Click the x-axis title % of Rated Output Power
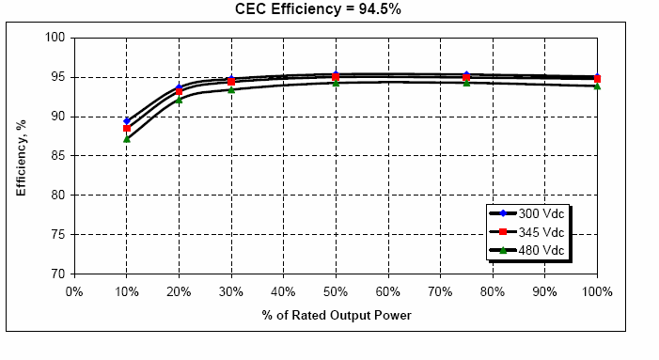coord(336,315)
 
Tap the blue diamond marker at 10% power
coord(127,121)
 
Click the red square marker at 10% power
coord(127,129)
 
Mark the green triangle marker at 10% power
coord(127,138)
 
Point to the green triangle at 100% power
coord(596,86)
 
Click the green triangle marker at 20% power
coord(179,100)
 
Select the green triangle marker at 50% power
coord(336,82)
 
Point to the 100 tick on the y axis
coord(55,38)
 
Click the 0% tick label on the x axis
coord(74,291)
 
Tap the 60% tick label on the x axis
coord(387,291)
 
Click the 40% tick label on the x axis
coord(283,291)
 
